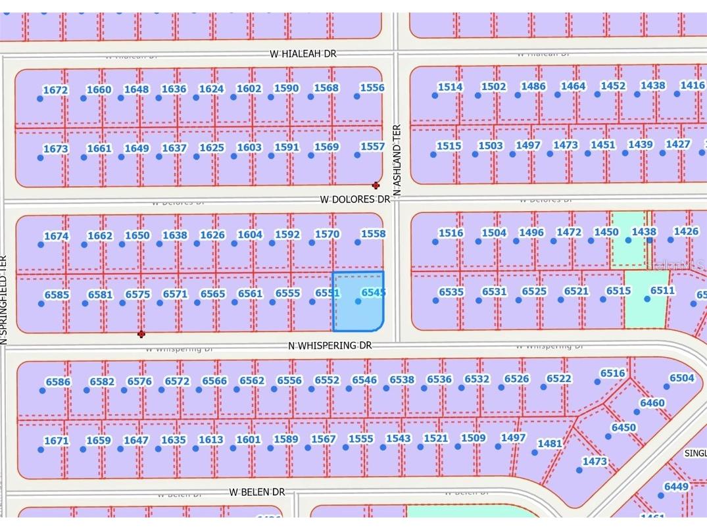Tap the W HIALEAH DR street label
pos(303,54)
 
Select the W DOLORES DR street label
pos(354,199)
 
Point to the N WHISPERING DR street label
pos(330,346)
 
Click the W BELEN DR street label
pos(257,492)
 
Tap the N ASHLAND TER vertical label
pos(397,160)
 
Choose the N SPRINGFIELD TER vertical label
pos(3,299)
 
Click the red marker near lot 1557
pos(376,185)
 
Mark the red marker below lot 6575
pos(141,334)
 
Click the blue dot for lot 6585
pos(41,304)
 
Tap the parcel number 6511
pos(662,291)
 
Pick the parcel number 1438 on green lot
pos(644,231)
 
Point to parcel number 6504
pos(681,378)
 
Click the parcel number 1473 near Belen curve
pos(595,462)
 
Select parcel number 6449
pos(676,487)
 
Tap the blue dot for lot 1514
pos(435,96)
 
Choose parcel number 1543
pos(398,439)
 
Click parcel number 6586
pos(58,382)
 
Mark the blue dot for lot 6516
pos(597,382)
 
